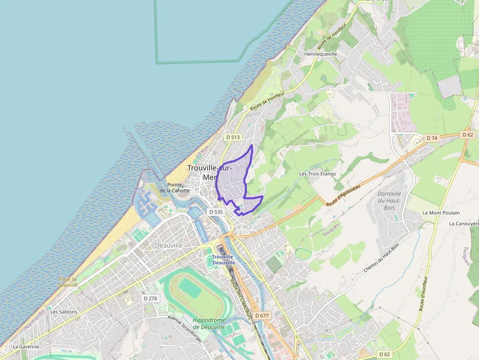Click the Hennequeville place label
point(321,54)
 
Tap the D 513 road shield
point(233,137)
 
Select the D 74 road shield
point(432,138)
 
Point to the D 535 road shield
point(216,212)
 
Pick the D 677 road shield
point(261,316)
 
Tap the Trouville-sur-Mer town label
point(210,172)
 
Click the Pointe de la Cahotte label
point(174,188)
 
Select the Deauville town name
point(168,245)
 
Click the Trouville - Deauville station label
point(223,260)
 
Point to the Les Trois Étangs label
point(318,174)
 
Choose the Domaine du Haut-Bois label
point(389,200)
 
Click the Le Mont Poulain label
point(438,213)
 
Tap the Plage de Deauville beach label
point(68,282)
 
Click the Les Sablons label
point(64,312)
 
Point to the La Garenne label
point(25,346)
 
